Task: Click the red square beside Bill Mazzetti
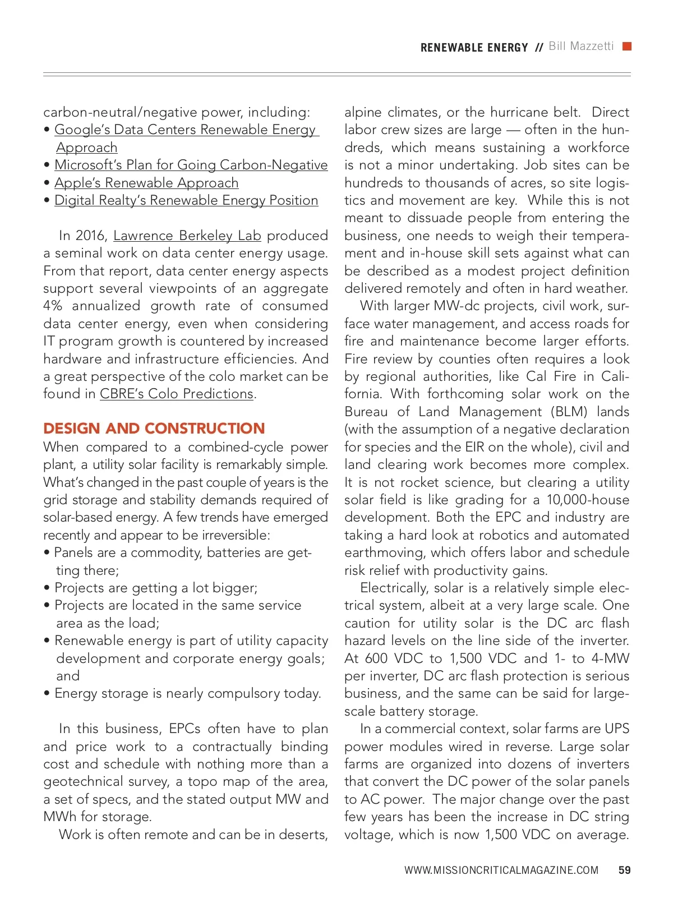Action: [627, 47]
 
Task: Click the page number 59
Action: [624, 870]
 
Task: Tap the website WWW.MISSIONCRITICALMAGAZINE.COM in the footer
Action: [501, 870]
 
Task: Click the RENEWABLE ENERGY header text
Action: [474, 48]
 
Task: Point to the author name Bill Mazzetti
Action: [581, 47]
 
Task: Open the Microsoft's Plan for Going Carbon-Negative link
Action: [191, 165]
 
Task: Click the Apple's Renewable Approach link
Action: [146, 183]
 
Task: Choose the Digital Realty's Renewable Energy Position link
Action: [186, 200]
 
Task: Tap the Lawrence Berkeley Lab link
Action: [187, 236]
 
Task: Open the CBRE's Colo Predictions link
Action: [177, 394]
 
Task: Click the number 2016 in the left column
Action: [90, 236]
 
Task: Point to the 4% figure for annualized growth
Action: [53, 306]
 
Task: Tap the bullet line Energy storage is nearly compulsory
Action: [187, 694]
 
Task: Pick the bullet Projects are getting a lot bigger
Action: [155, 588]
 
